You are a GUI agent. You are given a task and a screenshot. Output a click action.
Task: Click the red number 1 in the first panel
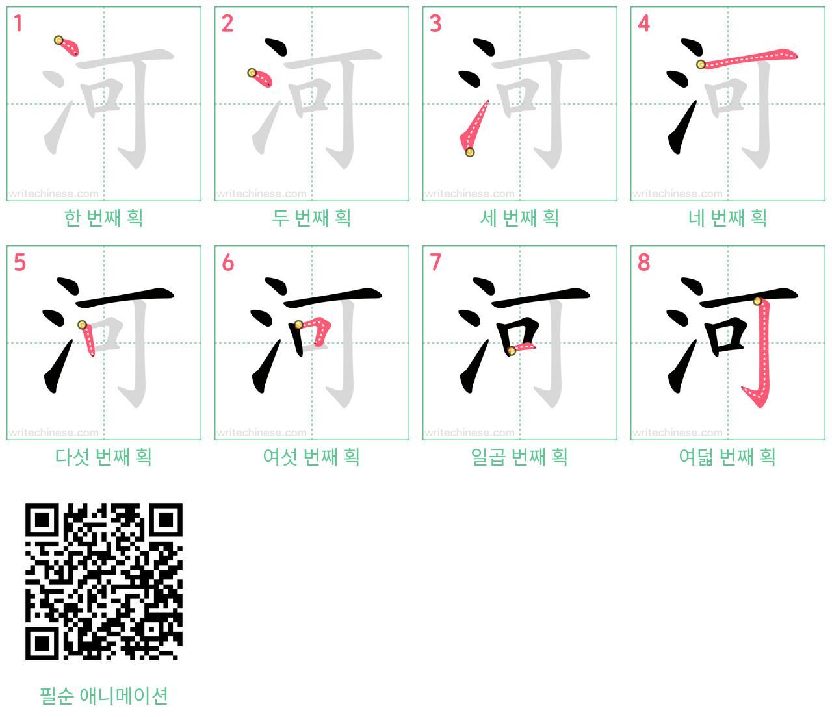(x=18, y=23)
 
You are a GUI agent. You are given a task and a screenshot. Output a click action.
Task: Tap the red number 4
(x=643, y=23)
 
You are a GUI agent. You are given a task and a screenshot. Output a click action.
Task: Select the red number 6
(x=227, y=262)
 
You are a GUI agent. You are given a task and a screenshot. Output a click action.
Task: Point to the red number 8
(x=643, y=262)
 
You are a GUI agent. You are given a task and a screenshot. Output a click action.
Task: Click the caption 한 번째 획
(x=104, y=218)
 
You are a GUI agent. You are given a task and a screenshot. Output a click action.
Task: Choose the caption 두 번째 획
(x=311, y=218)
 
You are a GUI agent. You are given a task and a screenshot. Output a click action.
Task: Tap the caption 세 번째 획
(x=519, y=218)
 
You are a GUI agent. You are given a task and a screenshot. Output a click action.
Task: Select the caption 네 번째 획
(x=728, y=218)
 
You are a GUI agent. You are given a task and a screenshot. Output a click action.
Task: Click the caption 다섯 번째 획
(x=104, y=457)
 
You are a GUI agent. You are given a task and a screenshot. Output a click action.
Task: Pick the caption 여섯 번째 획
(x=311, y=457)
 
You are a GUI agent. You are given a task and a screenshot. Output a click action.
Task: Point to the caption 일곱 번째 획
(x=519, y=457)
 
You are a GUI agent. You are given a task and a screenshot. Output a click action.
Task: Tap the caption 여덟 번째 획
(x=728, y=457)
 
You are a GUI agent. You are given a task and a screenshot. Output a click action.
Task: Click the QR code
(x=104, y=581)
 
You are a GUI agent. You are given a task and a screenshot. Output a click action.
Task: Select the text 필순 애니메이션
(x=104, y=696)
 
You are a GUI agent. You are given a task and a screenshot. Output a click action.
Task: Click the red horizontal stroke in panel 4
(x=749, y=58)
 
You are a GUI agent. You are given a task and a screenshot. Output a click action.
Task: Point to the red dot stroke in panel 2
(x=261, y=78)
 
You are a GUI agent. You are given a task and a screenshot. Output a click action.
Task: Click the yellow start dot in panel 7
(x=512, y=351)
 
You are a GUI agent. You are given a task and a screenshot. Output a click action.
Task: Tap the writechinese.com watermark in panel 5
(x=53, y=433)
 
